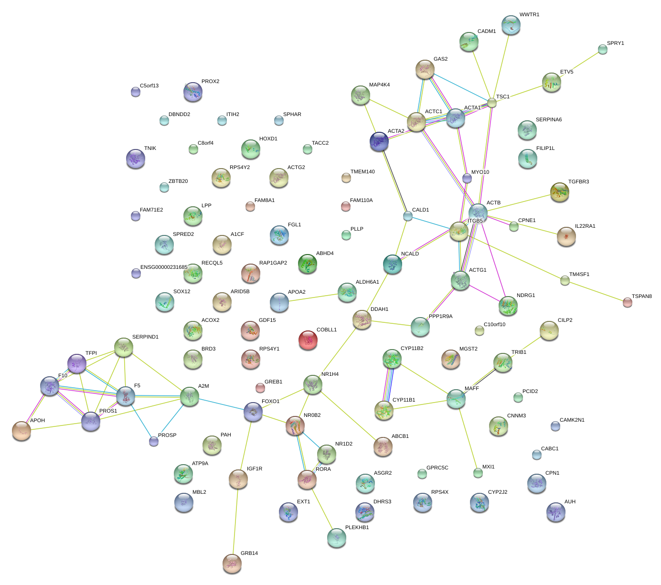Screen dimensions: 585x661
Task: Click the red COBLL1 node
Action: pos(308,340)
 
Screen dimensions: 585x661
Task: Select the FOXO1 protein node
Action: pos(253,412)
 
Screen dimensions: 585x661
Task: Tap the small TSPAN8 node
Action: pos(628,302)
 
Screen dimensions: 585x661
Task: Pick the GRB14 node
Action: pos(232,563)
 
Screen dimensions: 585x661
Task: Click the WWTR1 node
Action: pos(511,25)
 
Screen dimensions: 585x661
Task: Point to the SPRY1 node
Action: pos(603,49)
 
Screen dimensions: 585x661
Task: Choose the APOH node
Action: pos(21,430)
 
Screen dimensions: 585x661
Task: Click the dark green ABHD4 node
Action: pos(308,263)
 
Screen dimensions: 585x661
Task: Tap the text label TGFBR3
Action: pos(578,182)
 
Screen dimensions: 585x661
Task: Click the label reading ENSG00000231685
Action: pos(164,267)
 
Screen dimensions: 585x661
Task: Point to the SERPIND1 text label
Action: pos(145,337)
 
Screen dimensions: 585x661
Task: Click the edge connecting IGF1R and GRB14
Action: pos(235,521)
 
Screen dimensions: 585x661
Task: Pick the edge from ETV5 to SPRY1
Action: pos(579,65)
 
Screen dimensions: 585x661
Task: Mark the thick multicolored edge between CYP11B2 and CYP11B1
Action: pos(388,384)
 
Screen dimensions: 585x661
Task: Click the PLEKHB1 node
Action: pos(337,538)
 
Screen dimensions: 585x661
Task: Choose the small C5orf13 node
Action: pos(136,92)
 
